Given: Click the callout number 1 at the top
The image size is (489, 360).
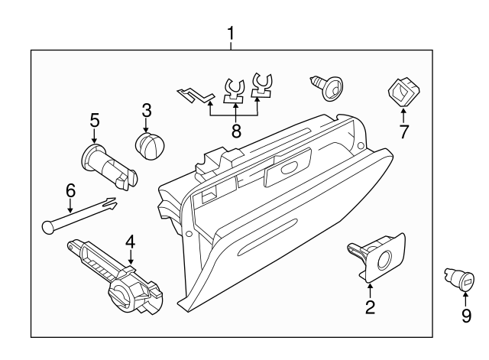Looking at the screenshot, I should (230, 34).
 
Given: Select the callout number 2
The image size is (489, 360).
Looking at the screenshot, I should (370, 307).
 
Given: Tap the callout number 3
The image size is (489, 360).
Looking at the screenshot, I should (147, 111).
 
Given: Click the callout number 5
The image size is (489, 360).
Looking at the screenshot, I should (95, 119).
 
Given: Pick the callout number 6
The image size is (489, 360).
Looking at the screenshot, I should (70, 189).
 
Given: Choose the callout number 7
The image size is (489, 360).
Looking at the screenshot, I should (403, 131).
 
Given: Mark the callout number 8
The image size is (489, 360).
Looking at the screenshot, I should (235, 131).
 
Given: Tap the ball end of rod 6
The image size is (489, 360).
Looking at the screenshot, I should (47, 225).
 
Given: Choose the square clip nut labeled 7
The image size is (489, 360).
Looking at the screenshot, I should (403, 91).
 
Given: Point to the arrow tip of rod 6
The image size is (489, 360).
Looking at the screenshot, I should (112, 201).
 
